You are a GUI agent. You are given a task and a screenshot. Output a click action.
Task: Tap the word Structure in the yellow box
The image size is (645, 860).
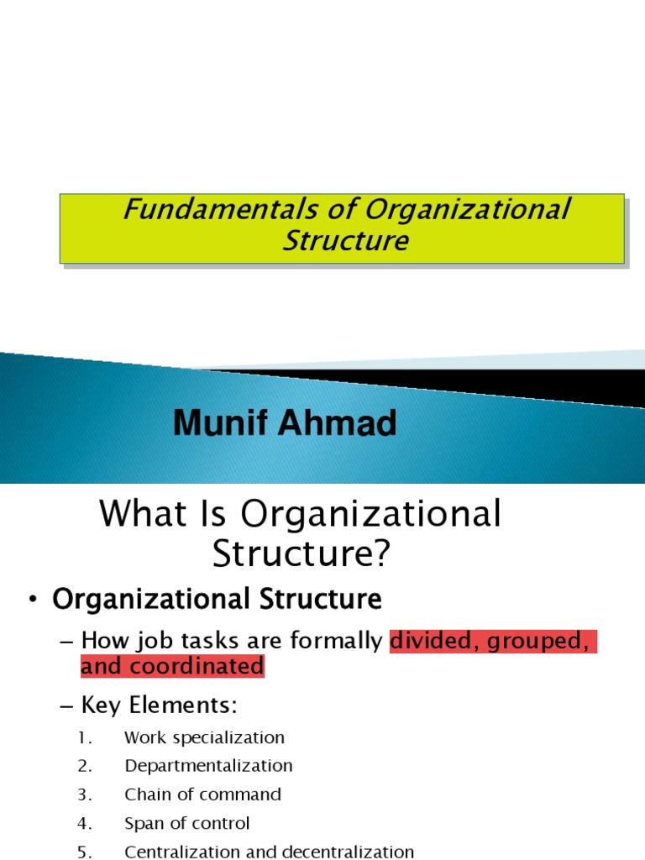click(345, 242)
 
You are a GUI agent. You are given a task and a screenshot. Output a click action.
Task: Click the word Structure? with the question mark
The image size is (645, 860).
click(302, 554)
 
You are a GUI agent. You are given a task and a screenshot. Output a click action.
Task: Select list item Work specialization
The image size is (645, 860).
click(204, 738)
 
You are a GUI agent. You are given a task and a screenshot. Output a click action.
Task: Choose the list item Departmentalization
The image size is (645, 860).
click(208, 766)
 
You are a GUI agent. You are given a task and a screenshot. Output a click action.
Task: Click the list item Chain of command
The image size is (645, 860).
click(202, 794)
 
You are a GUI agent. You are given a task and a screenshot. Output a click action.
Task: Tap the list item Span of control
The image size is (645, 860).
click(186, 823)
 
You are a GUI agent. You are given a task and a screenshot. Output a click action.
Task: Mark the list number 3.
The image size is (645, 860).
click(83, 794)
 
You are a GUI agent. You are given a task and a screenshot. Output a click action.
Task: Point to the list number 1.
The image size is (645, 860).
click(83, 738)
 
